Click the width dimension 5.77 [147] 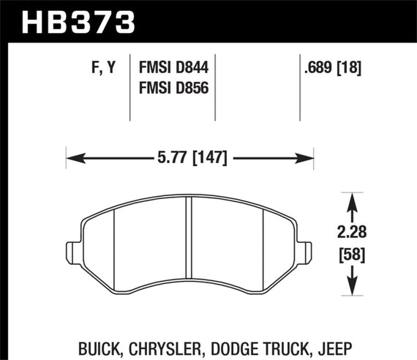pyautogui.click(x=190, y=157)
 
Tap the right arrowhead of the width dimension pyautogui.click(x=308, y=157)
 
